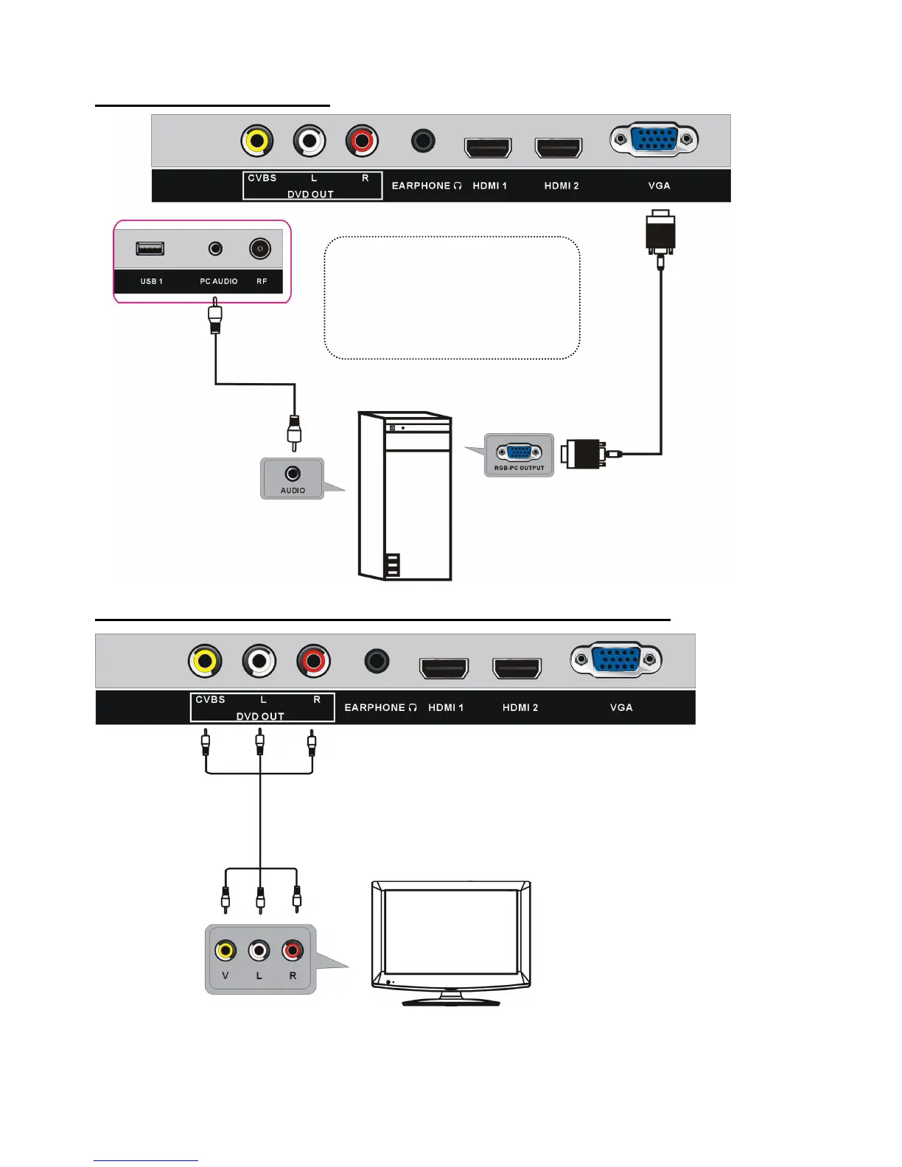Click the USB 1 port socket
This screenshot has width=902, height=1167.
tap(150, 248)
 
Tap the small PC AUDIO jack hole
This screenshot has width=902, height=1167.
tap(215, 248)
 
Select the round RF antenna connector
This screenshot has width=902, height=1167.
tap(260, 248)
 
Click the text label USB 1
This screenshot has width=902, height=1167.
tap(151, 281)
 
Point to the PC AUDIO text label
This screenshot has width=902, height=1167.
tap(219, 281)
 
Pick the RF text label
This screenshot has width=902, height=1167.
tap(262, 281)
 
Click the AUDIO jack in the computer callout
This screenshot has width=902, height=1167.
tap(293, 473)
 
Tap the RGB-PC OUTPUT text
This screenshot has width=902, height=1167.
tap(519, 468)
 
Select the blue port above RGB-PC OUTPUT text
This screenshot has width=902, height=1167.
tap(519, 452)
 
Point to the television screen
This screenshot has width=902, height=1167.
tap(450, 931)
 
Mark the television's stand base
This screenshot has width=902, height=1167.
tap(451, 1000)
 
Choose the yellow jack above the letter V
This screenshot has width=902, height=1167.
tap(225, 950)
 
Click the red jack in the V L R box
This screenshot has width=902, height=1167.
tap(293, 950)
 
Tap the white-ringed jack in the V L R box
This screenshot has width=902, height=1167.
tap(259, 950)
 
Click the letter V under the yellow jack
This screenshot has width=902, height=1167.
tap(225, 975)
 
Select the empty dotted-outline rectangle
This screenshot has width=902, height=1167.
tap(452, 298)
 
